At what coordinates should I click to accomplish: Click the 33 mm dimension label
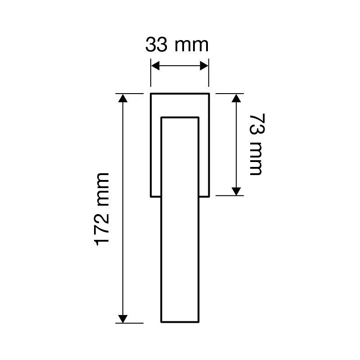coord(177,45)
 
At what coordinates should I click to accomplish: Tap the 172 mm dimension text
coord(102,209)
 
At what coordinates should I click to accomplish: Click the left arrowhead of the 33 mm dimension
coord(155,66)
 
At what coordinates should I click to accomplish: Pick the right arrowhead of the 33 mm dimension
coord(204,66)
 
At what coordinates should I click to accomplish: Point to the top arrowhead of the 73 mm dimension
coord(236,98)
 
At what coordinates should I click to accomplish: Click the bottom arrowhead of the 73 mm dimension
coord(236,191)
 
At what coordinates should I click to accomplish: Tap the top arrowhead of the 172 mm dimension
coord(123,98)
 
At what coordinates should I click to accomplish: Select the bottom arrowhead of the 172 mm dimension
coord(123,319)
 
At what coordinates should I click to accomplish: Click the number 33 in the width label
coord(156,45)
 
